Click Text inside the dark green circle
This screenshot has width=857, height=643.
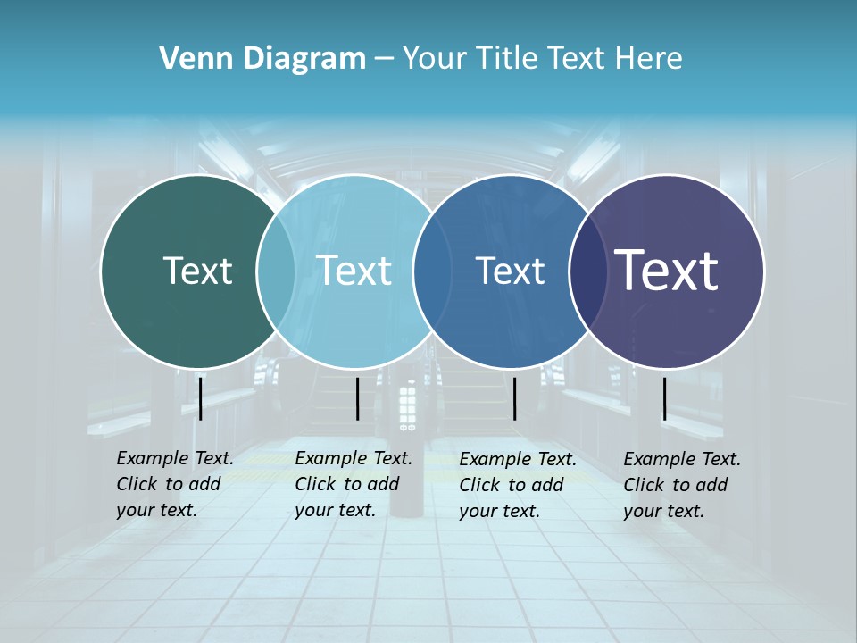pyautogui.click(x=197, y=271)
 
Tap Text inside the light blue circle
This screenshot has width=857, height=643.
pyautogui.click(x=354, y=271)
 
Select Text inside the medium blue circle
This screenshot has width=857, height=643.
pyautogui.click(x=510, y=271)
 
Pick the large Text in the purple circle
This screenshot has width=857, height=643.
pyautogui.click(x=666, y=270)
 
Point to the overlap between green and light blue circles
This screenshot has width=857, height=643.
pyautogui.click(x=276, y=271)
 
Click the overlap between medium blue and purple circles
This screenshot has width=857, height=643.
pyautogui.click(x=587, y=271)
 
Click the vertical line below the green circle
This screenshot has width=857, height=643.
pyautogui.click(x=201, y=398)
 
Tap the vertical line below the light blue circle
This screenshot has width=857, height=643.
pyautogui.click(x=357, y=399)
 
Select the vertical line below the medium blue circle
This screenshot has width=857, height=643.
pyautogui.click(x=514, y=399)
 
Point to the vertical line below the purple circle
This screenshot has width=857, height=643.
pyautogui.click(x=664, y=399)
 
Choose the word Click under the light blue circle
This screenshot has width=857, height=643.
pyautogui.click(x=315, y=484)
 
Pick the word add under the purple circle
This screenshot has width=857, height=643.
pyautogui.click(x=711, y=485)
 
